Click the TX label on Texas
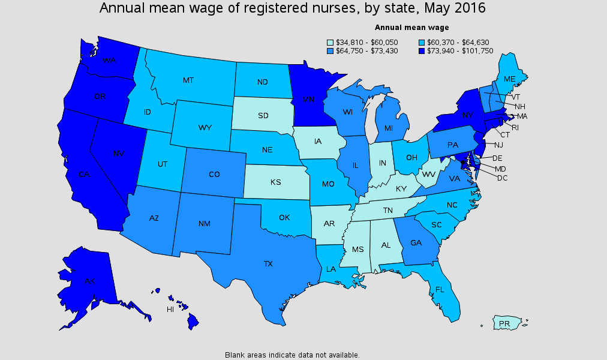(x=268, y=263)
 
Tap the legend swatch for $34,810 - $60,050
(x=330, y=43)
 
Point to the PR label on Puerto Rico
(x=504, y=324)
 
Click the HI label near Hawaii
(x=170, y=310)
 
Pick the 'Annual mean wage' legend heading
(x=411, y=28)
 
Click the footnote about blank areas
(x=292, y=355)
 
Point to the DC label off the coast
(x=502, y=178)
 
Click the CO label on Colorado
(x=214, y=175)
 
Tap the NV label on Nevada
(x=118, y=154)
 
